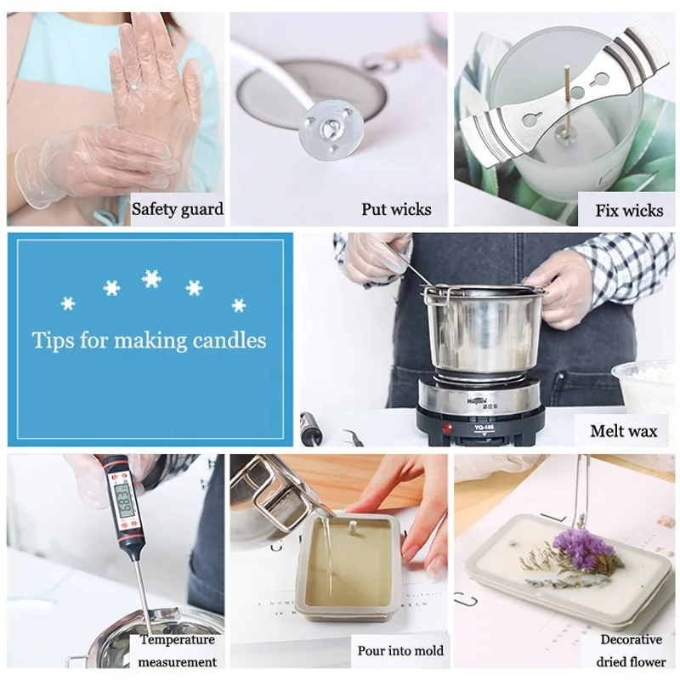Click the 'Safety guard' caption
[178, 209]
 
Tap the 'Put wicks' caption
[396, 209]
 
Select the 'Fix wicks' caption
[630, 209]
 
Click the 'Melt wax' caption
[624, 431]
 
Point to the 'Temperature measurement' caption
[178, 650]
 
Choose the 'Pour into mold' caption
[400, 650]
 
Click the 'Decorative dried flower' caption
[632, 650]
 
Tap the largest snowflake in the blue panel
[152, 279]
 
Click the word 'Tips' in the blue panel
[53, 341]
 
